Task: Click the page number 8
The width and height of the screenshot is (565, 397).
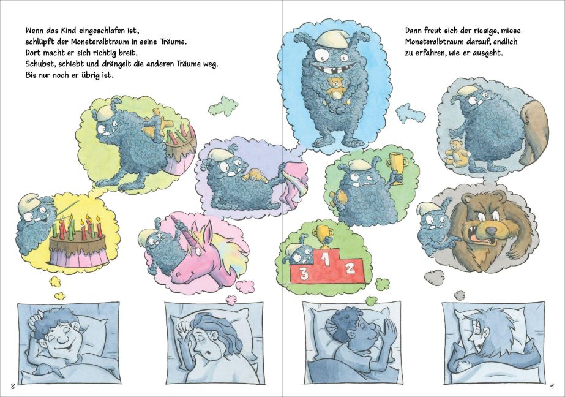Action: point(13,387)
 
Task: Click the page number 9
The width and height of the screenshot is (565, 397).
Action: point(552,387)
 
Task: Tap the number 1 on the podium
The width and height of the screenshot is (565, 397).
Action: point(326,259)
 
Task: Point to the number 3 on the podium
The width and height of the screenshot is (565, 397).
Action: point(304,274)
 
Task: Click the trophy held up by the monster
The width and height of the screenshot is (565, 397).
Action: point(395,168)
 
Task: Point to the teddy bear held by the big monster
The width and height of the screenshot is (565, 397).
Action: point(337,88)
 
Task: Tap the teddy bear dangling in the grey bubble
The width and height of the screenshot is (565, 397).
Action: point(457,153)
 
